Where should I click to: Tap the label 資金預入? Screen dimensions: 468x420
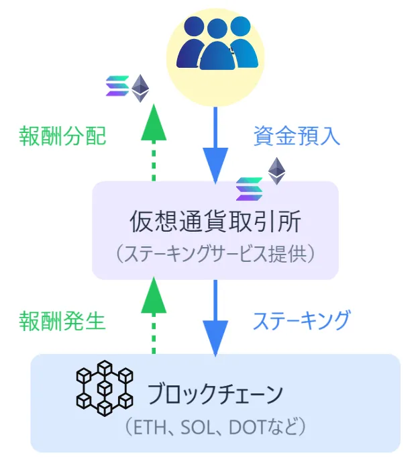point(297,136)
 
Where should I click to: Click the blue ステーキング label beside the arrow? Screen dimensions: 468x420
point(301,320)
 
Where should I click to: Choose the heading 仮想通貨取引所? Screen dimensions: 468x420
point(215,222)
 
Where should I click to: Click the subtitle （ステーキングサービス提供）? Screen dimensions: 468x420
point(215,254)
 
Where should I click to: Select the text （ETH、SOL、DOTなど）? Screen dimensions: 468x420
point(215,426)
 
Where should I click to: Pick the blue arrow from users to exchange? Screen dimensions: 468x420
point(215,144)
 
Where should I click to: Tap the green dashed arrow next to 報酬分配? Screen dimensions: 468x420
point(154,141)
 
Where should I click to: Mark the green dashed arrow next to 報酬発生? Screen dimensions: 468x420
point(154,316)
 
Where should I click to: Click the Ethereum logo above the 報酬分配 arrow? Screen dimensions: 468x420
point(140,88)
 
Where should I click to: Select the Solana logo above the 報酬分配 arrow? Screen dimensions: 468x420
point(118,88)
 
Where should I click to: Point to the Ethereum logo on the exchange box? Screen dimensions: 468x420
point(276,171)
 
